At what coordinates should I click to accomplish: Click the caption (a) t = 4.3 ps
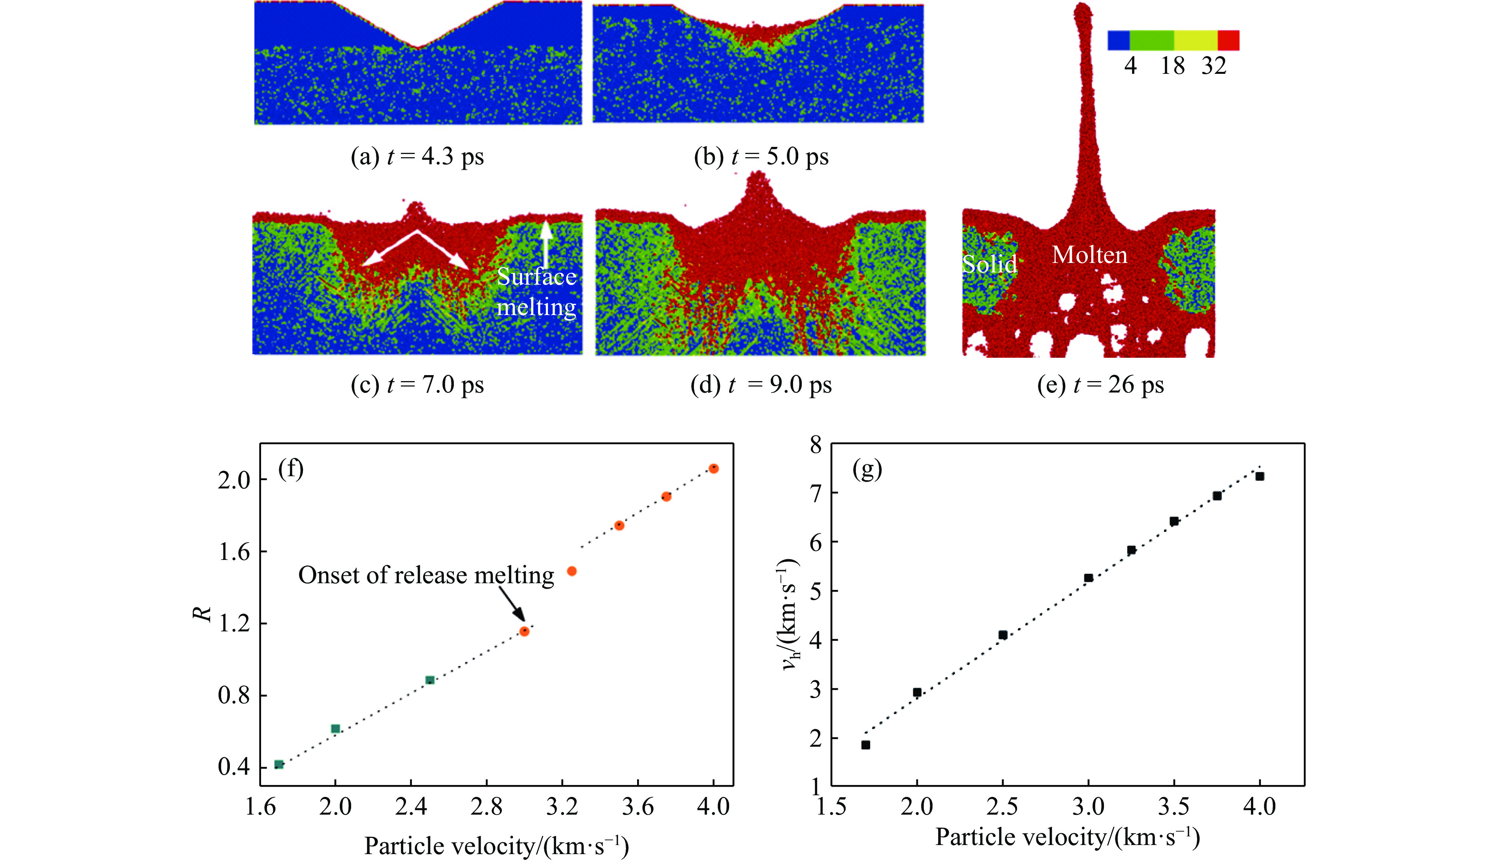(x=417, y=157)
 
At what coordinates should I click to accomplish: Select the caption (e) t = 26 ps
(x=1100, y=385)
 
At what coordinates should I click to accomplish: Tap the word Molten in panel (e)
(x=1089, y=255)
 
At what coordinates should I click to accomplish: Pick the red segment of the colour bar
(x=1228, y=40)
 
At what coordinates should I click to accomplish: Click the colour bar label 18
(x=1172, y=66)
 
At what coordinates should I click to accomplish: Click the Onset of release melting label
(x=426, y=575)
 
